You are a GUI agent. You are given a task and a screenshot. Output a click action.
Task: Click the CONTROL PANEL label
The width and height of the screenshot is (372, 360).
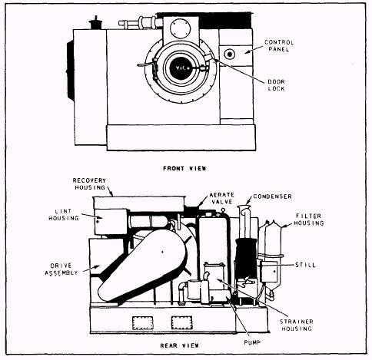[279, 46]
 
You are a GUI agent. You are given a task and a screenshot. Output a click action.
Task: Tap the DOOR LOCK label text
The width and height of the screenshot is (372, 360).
[276, 85]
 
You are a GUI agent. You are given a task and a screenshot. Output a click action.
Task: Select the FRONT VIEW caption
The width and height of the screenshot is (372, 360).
[184, 168]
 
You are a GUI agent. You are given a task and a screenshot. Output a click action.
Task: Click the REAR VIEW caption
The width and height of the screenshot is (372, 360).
[179, 345]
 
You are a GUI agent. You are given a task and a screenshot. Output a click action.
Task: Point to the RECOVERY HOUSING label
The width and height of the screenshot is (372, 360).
[89, 184]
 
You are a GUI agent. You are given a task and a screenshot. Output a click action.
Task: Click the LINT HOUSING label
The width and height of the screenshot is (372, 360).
[64, 215]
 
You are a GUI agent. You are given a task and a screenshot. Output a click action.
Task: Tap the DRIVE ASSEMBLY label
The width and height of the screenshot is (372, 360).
[61, 269]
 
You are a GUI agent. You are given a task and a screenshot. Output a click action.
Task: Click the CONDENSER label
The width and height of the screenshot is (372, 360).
[273, 197]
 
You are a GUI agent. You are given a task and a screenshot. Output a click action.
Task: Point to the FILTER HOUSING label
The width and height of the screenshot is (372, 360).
[309, 220]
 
